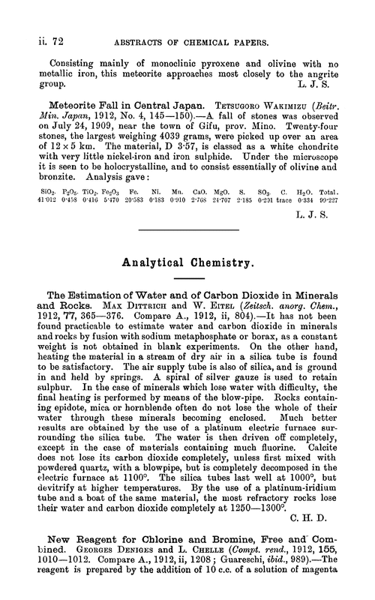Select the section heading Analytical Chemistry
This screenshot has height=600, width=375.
tap(187, 265)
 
